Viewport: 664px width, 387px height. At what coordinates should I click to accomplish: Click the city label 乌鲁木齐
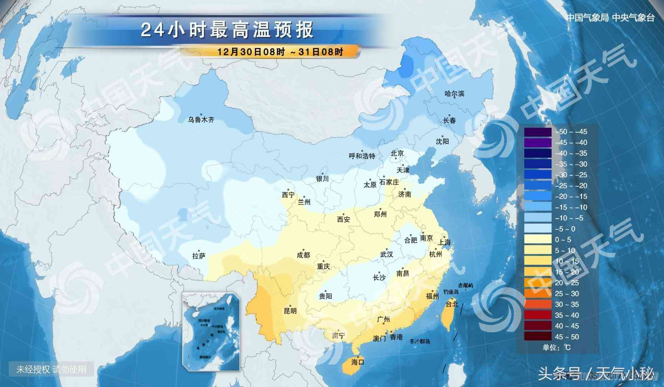tap(201, 120)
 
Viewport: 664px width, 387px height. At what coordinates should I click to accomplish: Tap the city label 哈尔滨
tap(454, 94)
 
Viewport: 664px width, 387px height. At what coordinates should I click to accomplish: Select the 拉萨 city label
tap(199, 256)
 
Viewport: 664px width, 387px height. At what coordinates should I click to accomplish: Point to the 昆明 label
tap(290, 311)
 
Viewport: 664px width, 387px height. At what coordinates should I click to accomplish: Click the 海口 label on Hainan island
tap(357, 362)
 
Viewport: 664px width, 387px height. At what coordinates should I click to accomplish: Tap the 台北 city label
tap(452, 304)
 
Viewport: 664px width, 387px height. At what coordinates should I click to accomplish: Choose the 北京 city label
tap(397, 153)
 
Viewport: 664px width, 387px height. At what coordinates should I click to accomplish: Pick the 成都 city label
tap(303, 255)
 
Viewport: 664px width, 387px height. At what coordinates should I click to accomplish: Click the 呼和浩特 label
tap(362, 156)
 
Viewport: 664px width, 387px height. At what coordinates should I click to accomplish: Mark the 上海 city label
tap(444, 242)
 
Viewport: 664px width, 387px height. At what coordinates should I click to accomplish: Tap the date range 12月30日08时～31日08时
tap(280, 52)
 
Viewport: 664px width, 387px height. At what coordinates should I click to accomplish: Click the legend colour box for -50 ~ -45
tap(538, 132)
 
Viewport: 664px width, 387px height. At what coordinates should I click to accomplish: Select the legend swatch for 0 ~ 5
tap(538, 240)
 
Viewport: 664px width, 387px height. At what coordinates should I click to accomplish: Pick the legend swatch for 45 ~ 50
tap(538, 337)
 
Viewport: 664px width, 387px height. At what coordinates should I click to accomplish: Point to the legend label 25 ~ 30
tap(567, 294)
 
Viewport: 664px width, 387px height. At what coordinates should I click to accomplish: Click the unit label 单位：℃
tap(557, 347)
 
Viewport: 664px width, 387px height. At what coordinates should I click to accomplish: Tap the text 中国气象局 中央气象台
tap(610, 18)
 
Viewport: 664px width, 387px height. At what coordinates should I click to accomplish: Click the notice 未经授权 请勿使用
tap(51, 369)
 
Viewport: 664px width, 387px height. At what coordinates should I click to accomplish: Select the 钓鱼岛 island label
tap(451, 292)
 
